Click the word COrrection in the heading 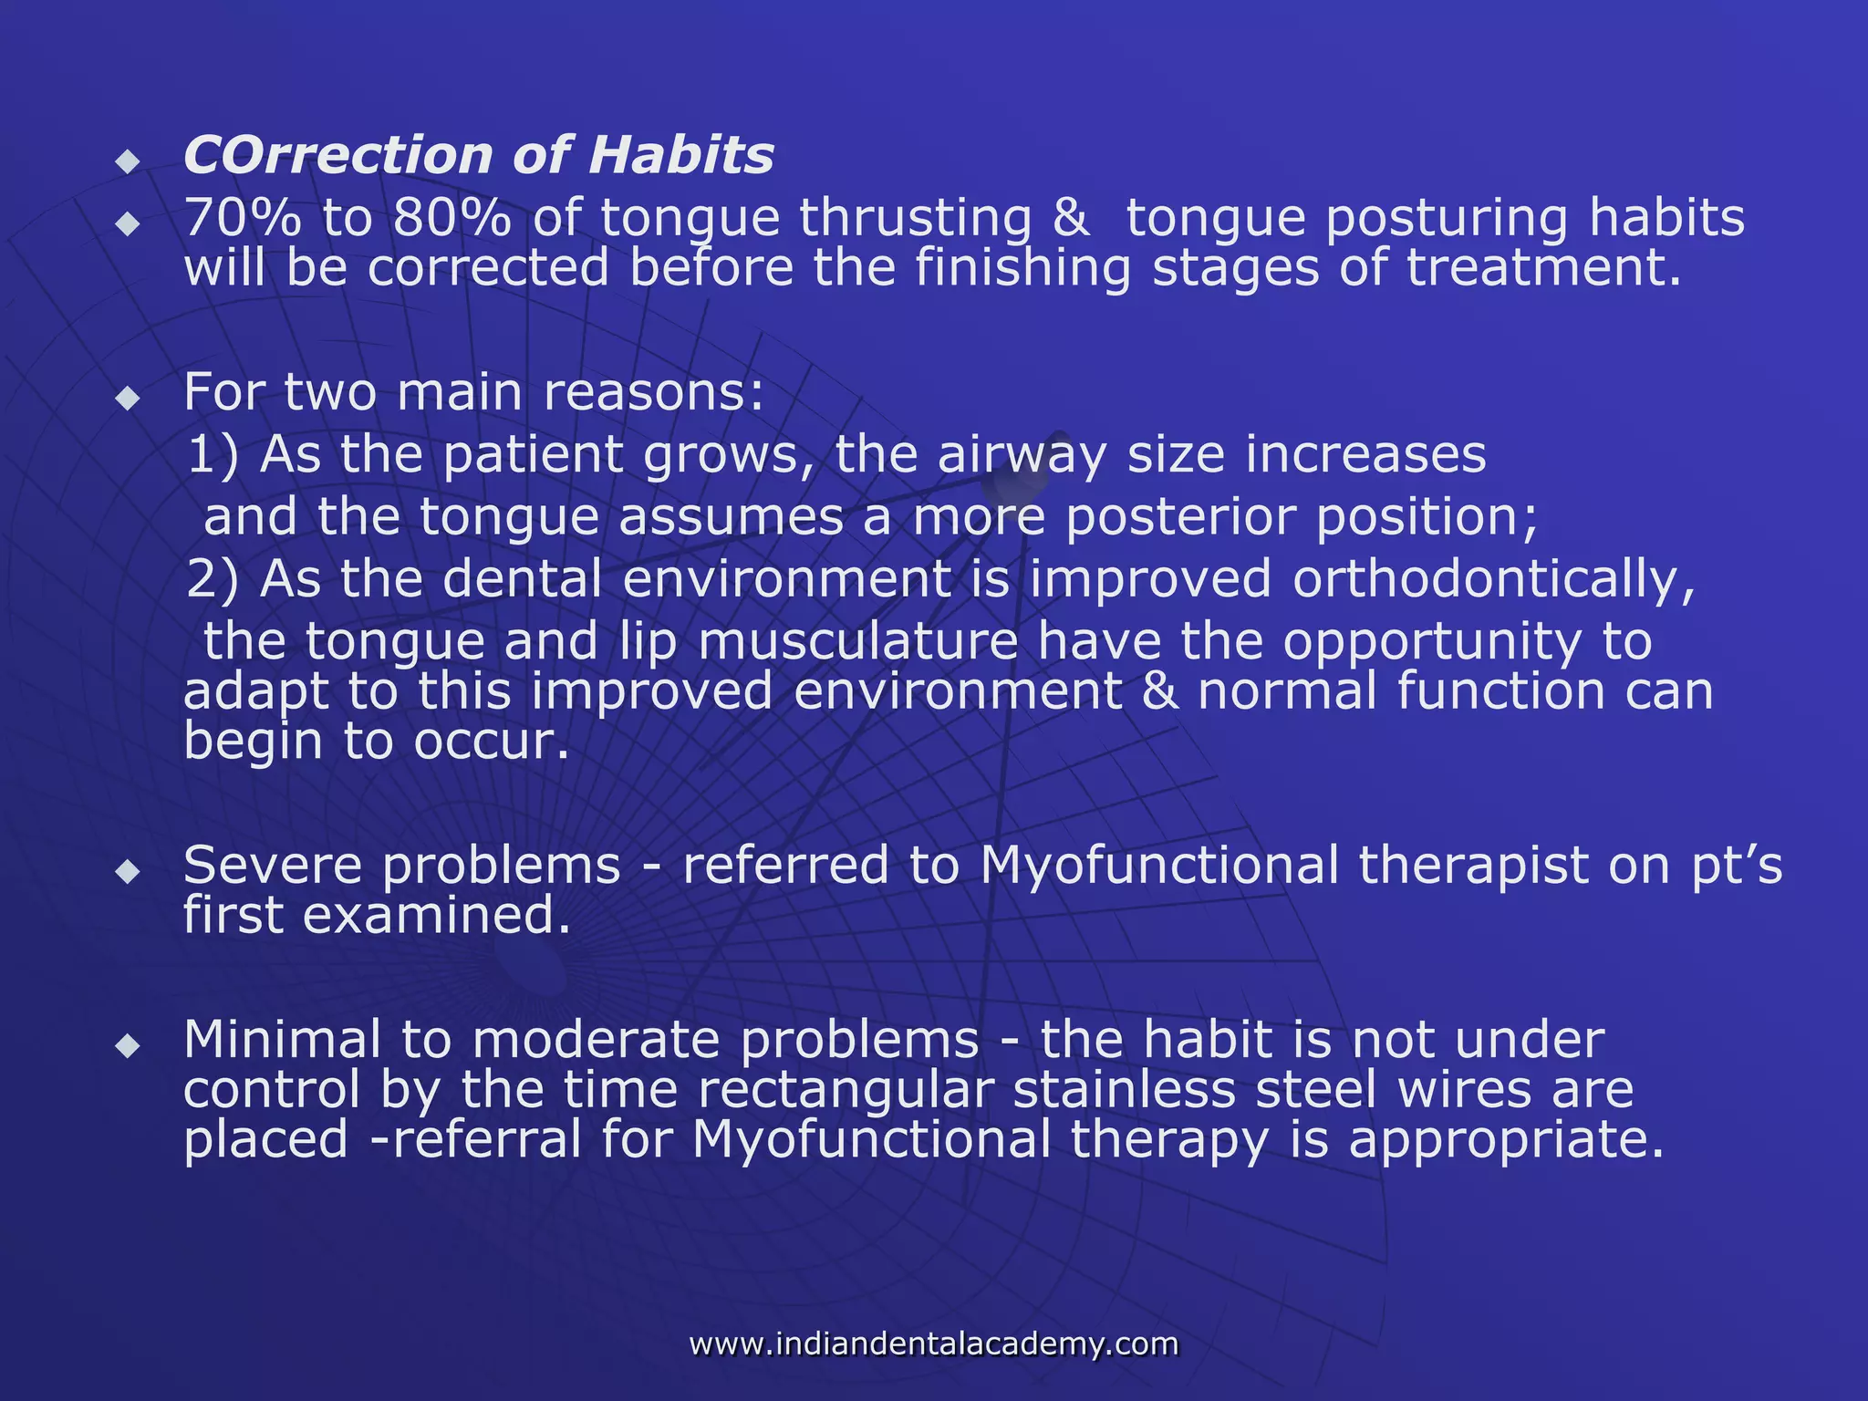point(337,156)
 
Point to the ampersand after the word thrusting point(1071,220)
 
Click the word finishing point(1022,270)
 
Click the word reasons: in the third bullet point(653,393)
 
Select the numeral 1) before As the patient point(213,455)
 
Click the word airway point(1022,455)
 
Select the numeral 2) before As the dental point(213,580)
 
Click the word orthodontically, point(1494,580)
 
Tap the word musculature point(857,642)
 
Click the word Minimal point(282,1040)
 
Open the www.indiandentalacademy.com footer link point(933,1344)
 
